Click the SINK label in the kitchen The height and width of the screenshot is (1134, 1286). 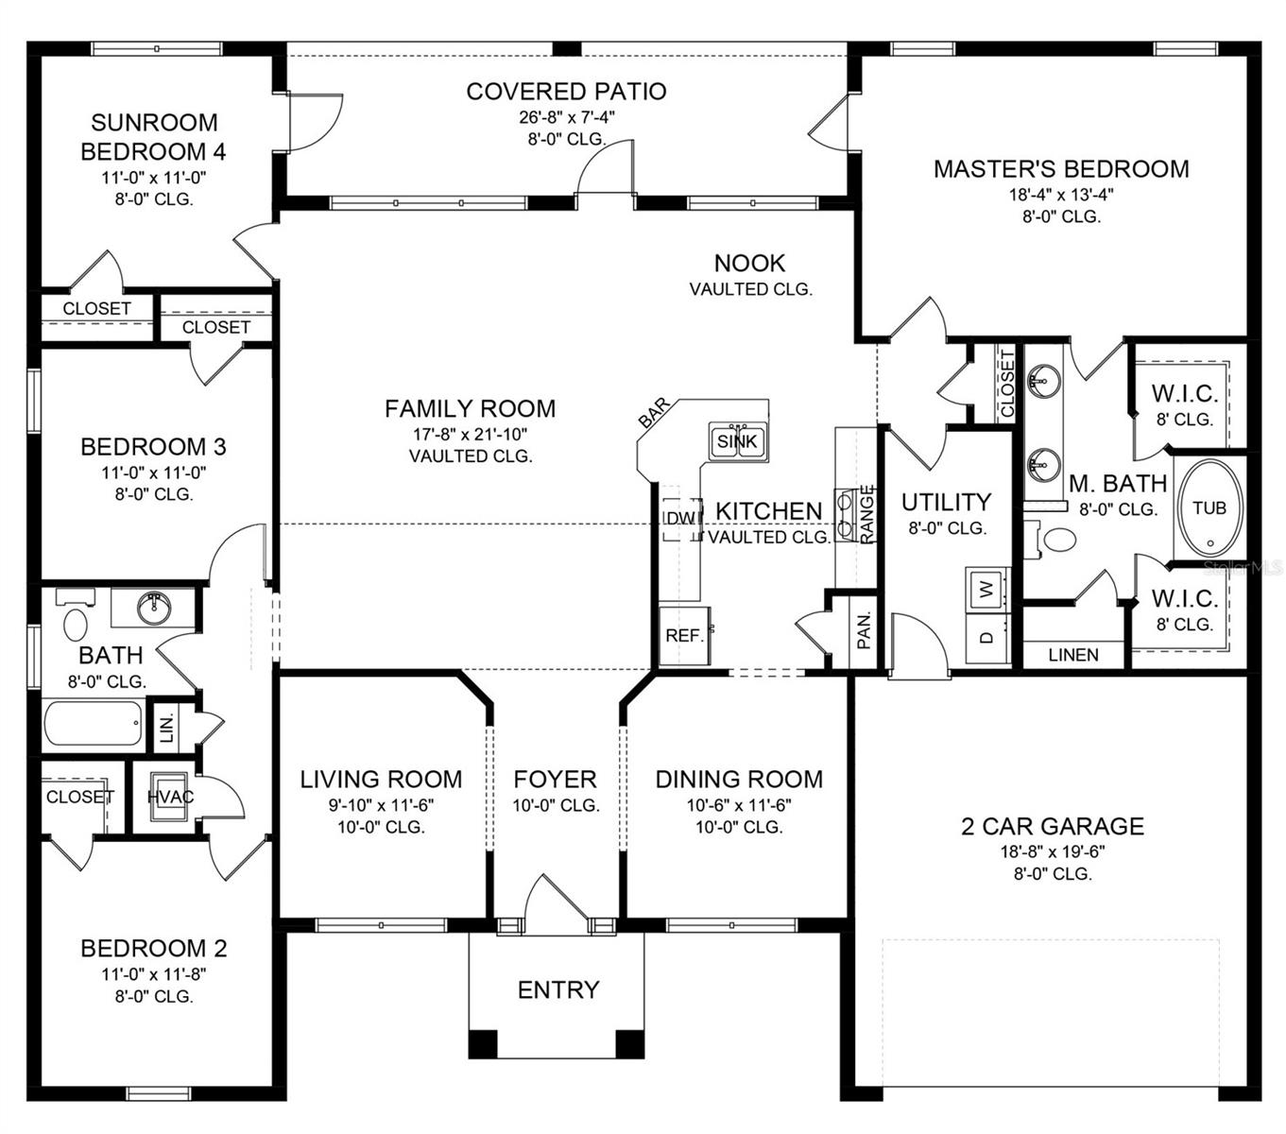(737, 441)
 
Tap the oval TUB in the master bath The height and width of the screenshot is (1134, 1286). (1209, 509)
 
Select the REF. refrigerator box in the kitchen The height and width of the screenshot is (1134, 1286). (684, 636)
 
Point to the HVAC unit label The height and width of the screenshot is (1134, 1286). (170, 797)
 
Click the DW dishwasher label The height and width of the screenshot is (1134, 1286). (680, 519)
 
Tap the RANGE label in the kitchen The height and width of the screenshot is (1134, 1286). (866, 514)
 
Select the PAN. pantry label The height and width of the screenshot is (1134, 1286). (864, 629)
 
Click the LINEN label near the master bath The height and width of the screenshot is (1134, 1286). (1073, 655)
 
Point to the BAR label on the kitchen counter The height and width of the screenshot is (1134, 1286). (654, 414)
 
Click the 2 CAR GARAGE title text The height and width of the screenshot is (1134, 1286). (1053, 827)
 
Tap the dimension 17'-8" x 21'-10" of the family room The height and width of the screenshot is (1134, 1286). (470, 434)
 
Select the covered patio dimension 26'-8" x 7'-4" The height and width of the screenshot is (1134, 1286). (566, 117)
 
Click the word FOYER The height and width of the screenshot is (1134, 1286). (555, 780)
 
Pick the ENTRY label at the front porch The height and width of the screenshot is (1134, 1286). (557, 989)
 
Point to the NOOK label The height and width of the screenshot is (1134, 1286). (749, 263)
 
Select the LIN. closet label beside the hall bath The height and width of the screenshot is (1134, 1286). (165, 727)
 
